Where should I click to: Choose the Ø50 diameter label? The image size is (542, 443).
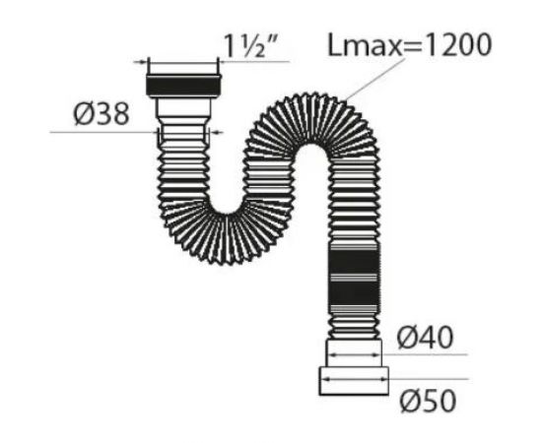click(425, 401)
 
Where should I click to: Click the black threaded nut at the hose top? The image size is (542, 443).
click(182, 84)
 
